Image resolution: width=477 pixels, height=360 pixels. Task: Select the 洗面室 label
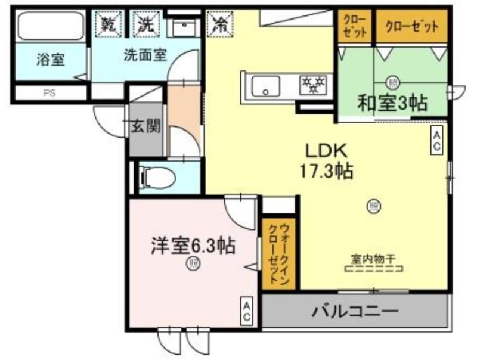(x=145, y=54)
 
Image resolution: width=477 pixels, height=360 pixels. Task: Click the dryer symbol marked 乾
(x=108, y=24)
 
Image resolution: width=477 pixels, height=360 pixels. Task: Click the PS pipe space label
(x=48, y=94)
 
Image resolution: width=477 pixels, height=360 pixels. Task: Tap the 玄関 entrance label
(x=145, y=126)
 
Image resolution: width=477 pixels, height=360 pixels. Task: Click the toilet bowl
(x=157, y=176)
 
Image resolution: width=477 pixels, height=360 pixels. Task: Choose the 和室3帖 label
(x=392, y=103)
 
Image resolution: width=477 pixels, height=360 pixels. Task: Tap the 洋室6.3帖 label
(x=192, y=246)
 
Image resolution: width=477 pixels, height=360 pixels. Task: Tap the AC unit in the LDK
(x=436, y=141)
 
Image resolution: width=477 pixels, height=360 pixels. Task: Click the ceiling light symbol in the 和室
(x=392, y=81)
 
